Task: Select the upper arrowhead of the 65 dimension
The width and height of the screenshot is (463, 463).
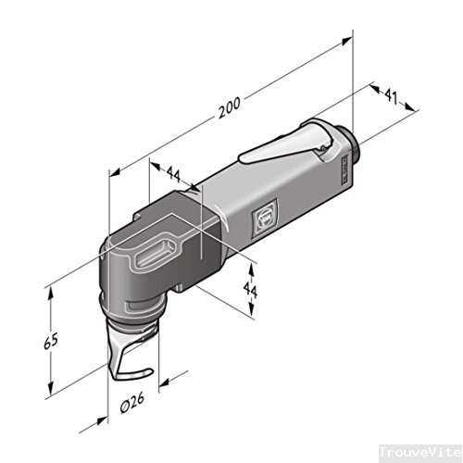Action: (53, 290)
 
